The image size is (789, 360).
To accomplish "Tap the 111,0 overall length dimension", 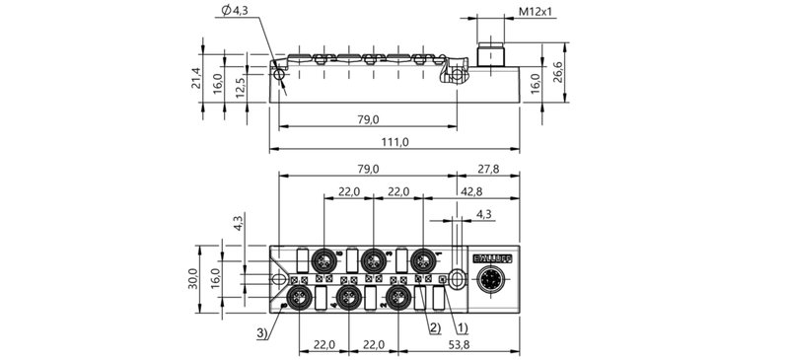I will pos(394,143).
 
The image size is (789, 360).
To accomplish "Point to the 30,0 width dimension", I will pos(196,278).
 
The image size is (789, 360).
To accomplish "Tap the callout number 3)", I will pos(261,334).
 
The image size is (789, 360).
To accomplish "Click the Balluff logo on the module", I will pos(492,258).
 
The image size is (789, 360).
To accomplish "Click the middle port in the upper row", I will pos(372,260).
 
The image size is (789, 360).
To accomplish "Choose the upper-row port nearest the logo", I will pos(423,260).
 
